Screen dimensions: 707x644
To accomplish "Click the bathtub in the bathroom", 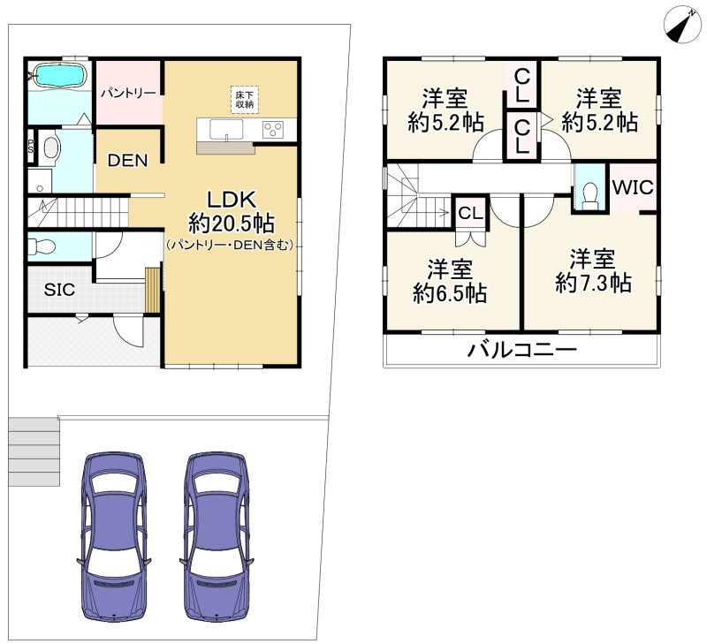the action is coord(60,74).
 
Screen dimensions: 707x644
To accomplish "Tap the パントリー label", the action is coord(128,94).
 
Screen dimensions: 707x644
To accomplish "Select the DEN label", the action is coord(127,161).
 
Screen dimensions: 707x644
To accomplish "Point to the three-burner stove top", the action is coord(273,129).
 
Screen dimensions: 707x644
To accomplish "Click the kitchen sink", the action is coord(226,130).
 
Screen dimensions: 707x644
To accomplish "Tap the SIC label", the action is coord(59,290).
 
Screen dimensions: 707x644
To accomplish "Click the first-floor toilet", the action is coord(42,246).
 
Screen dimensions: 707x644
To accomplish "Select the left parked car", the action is coord(114,537).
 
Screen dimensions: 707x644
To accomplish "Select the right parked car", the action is coord(217,537).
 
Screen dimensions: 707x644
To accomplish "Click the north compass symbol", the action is coord(680,27).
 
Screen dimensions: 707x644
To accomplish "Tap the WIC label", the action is coord(633,187).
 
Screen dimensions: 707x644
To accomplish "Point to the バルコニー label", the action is coord(521,350).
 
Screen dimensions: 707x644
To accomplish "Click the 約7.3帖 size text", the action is coord(593,283).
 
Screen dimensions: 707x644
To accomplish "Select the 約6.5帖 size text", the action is coord(450,293).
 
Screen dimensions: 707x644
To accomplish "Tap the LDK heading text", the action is coord(232,200).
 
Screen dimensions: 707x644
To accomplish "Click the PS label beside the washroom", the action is coord(31,146).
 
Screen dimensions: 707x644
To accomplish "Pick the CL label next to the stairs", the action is coord(471,213).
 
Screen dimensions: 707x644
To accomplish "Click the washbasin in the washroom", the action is coord(50,148).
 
